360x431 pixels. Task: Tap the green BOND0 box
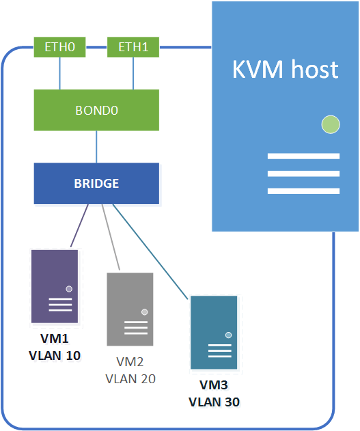[x=96, y=110]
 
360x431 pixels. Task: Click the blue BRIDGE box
[x=96, y=183]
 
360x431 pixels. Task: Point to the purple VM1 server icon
[x=55, y=286]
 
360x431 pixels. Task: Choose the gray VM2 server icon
[x=130, y=309]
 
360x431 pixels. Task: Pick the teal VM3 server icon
[x=213, y=332]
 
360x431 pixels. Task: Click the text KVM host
[x=285, y=70]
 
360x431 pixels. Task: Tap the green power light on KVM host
[x=331, y=124]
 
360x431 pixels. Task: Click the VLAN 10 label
[x=55, y=355]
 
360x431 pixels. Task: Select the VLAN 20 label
[x=130, y=378]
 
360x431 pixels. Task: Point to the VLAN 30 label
[x=214, y=402]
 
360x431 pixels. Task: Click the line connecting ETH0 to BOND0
[x=61, y=73]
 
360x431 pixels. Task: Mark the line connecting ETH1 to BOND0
[x=133, y=73]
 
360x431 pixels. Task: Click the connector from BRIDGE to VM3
[x=150, y=251]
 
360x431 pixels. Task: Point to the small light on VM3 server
[x=227, y=335]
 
